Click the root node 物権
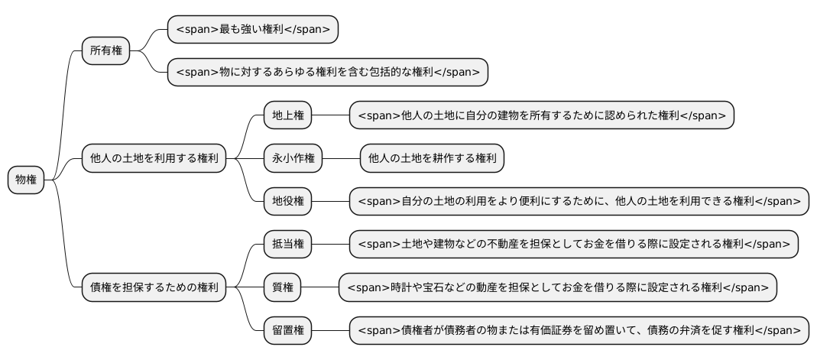coord(26,180)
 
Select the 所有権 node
coord(105,51)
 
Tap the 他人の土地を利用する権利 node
coord(154,159)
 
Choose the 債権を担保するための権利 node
coord(154,288)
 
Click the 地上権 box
coord(288,115)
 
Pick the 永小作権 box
coord(293,159)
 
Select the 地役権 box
coord(288,202)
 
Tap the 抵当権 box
coord(288,245)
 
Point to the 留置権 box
coord(288,331)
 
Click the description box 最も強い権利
coord(253,30)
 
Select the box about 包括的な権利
coord(328,73)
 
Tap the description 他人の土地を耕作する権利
coord(432,159)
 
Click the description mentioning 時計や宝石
coord(557,288)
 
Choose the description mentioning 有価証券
coord(579,331)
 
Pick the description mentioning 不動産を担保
coord(573,245)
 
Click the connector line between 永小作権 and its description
coord(341,159)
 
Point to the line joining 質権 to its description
coord(320,288)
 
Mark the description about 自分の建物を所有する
coord(541,115)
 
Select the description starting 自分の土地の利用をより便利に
coord(579,202)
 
